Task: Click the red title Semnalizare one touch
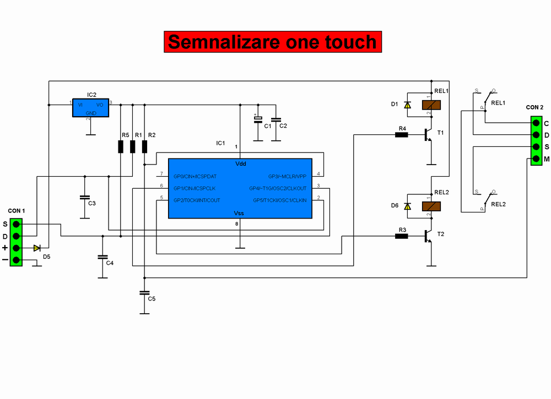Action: (272, 42)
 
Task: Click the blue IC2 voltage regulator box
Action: (91, 107)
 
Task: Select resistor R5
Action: (121, 146)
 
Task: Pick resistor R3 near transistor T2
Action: (402, 236)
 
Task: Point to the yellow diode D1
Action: (407, 105)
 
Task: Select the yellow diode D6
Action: (407, 206)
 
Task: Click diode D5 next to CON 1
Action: (37, 248)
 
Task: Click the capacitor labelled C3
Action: (84, 196)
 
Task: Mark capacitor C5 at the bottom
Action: (144, 292)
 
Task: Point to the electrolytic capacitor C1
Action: (257, 121)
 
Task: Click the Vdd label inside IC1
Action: (241, 164)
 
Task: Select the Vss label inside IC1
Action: (239, 213)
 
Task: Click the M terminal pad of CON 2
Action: (535, 160)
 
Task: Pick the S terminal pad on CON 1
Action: (17, 224)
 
